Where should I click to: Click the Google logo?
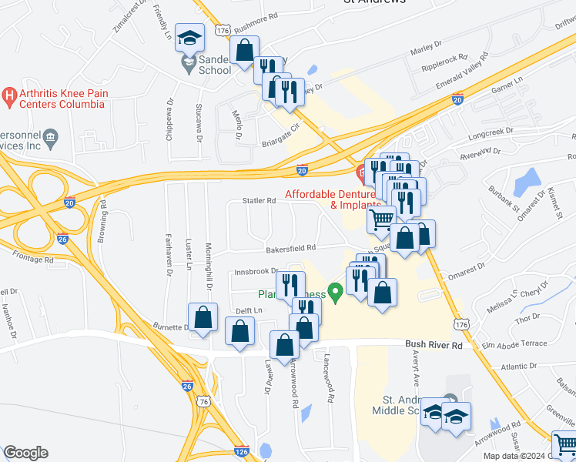(25, 453)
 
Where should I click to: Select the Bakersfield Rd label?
(291, 248)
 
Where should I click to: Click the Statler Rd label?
(259, 201)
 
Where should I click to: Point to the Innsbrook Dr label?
(256, 271)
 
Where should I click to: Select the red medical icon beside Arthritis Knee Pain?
(9, 96)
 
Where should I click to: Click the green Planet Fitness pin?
(335, 293)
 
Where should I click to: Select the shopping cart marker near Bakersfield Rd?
(381, 220)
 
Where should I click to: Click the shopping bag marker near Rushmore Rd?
(244, 51)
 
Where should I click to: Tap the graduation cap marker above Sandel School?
(189, 37)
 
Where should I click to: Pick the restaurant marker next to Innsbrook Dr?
(290, 284)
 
